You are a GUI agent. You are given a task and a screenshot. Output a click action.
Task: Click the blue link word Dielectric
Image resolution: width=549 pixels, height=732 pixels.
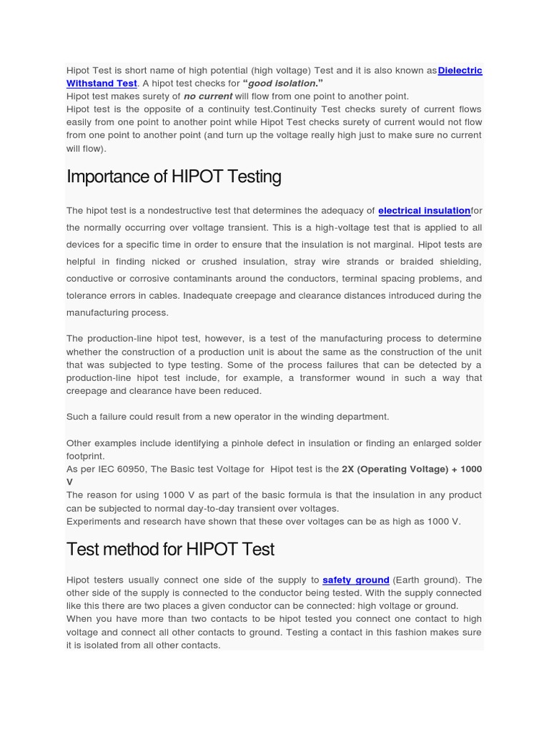pyautogui.click(x=460, y=70)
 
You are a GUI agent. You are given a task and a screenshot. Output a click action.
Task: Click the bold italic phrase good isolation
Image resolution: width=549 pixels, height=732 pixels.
pyautogui.click(x=280, y=83)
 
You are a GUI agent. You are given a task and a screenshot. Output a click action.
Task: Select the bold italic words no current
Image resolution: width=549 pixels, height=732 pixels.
pyautogui.click(x=208, y=96)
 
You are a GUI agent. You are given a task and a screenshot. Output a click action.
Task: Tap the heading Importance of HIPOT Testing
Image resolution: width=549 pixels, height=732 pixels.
pyautogui.click(x=174, y=177)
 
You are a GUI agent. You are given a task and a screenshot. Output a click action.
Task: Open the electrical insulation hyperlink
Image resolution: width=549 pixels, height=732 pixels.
pyautogui.click(x=424, y=211)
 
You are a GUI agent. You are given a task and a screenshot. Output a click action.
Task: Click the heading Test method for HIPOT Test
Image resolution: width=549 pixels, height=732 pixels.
pyautogui.click(x=170, y=549)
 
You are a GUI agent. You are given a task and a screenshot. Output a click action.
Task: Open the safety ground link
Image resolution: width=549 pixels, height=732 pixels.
pyautogui.click(x=355, y=580)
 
